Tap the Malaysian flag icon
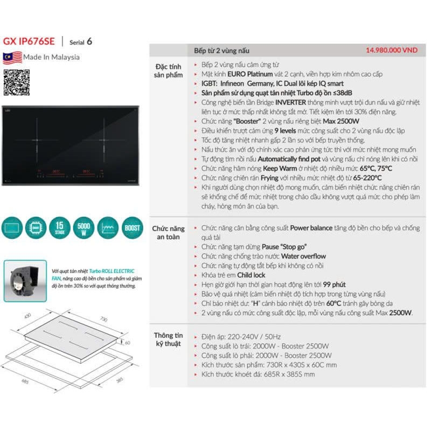(12, 57)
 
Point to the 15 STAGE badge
(59, 227)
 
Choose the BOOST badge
(132, 227)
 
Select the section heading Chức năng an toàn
(169, 233)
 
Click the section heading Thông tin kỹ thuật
(169, 339)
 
